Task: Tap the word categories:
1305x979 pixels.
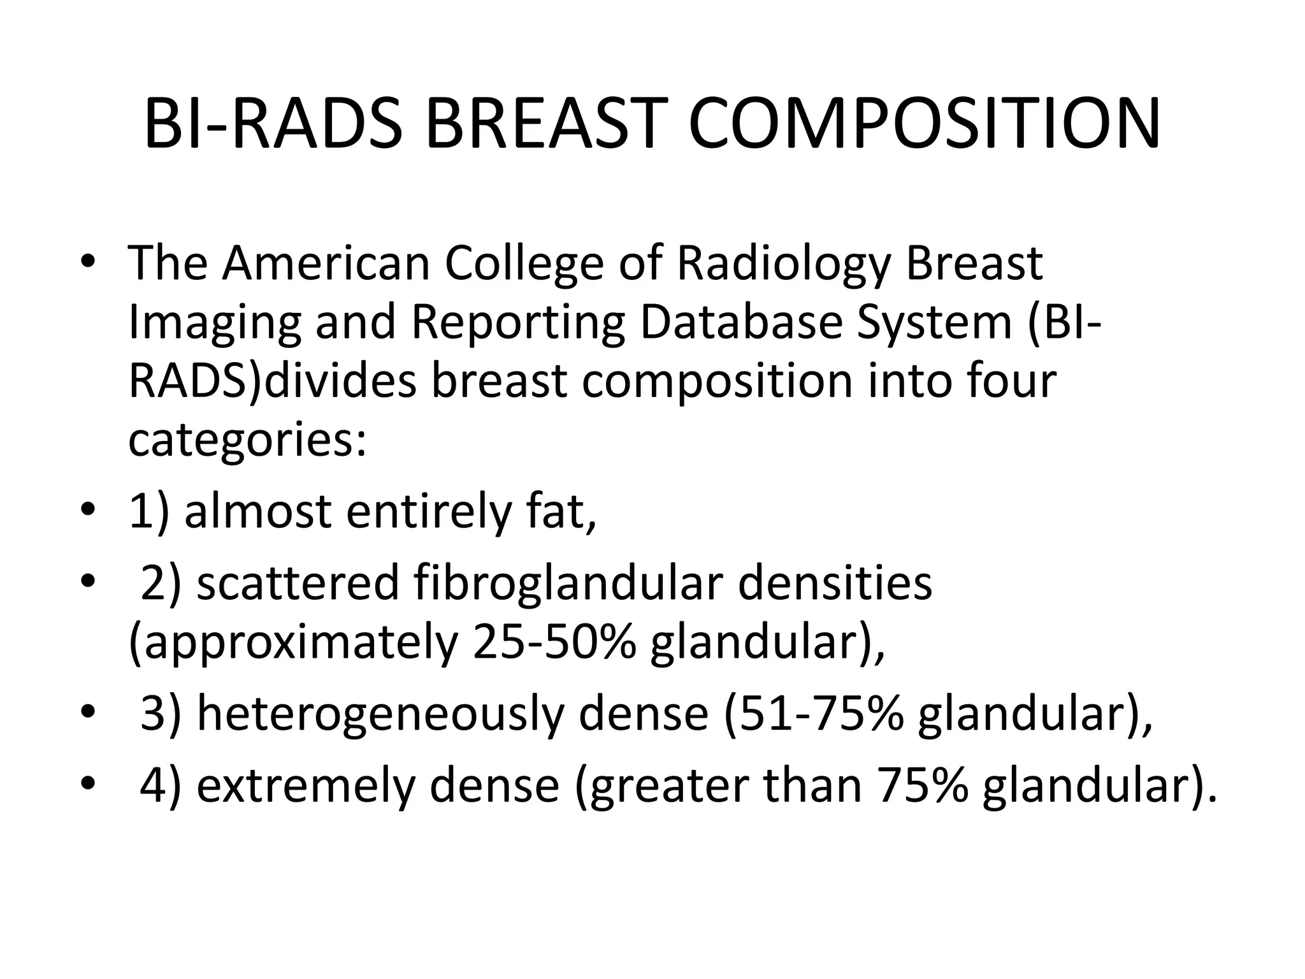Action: (247, 441)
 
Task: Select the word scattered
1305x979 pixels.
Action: (298, 583)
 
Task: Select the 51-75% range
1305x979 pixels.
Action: (814, 714)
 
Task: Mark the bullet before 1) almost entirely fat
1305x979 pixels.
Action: (88, 511)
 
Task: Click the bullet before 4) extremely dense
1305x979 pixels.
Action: (88, 783)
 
